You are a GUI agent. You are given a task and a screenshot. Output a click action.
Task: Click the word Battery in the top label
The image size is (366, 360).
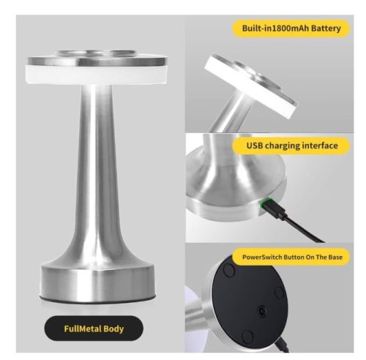coord(326,29)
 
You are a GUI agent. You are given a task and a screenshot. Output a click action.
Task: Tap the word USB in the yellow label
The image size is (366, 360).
coord(255,146)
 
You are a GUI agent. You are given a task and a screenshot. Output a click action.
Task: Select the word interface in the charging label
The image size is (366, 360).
coord(320,146)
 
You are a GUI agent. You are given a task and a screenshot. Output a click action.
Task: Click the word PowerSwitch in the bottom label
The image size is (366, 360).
coord(262,257)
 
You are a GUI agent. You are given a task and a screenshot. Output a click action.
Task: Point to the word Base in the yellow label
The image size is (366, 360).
coord(335,257)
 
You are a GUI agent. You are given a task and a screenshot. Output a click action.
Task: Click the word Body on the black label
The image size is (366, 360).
coord(113,329)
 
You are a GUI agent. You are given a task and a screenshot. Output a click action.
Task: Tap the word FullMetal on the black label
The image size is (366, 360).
coord(83,329)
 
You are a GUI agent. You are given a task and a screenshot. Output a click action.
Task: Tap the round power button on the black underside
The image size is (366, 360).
coord(262,311)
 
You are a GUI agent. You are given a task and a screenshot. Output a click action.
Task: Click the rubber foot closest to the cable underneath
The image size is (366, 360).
coord(247,336)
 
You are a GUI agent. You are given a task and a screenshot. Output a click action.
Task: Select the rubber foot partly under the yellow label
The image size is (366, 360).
coord(228,270)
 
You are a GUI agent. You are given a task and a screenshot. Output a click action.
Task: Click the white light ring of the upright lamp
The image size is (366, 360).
coord(96,74)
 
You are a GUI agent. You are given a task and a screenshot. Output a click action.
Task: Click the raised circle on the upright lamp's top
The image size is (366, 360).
coord(96,54)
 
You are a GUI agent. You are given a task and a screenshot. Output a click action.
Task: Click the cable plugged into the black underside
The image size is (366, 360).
coord(282,345)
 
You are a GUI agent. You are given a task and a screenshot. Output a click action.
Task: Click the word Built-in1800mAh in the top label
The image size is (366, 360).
coord(275,29)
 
